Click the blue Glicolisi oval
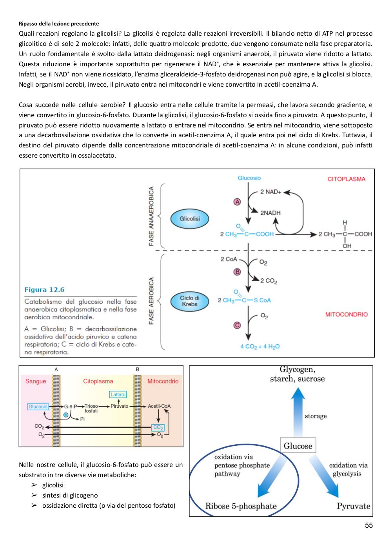pos(189,219)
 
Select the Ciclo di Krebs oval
pos(189,301)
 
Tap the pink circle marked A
pos(237,202)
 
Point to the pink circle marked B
pos(237,272)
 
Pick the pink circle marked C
pos(237,325)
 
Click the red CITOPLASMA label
pos(346,179)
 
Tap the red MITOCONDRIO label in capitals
pos(346,314)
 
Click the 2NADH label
pos(270,213)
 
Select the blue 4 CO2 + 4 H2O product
pos(260,347)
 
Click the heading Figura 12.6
pos(44,290)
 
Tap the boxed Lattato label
pos(118,394)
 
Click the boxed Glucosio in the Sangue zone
pos(38,406)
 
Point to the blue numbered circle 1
pos(66,415)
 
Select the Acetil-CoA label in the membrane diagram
pos(159,406)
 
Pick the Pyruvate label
pos(354,506)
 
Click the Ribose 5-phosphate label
pos(241,506)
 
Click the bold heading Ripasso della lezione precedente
pos(59,24)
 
